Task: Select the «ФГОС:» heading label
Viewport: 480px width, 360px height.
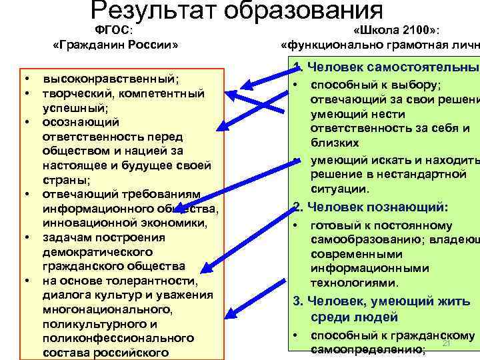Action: point(113,29)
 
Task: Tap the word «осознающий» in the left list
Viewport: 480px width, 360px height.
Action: point(81,122)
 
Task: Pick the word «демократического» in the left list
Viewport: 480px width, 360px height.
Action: point(97,252)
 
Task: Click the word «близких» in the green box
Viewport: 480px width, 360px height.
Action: point(334,143)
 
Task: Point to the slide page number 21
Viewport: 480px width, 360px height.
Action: point(447,343)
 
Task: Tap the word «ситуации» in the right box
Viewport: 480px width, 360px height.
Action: point(339,189)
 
